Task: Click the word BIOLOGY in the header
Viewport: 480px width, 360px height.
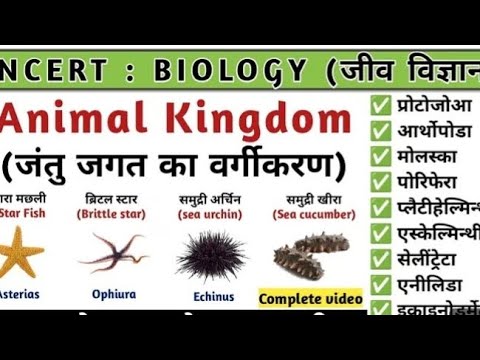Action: click(229, 71)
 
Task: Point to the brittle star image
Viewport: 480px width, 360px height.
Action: click(112, 252)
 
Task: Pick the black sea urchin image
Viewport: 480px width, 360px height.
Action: click(211, 253)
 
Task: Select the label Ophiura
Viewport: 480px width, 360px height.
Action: click(114, 296)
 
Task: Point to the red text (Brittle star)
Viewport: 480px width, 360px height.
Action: click(112, 213)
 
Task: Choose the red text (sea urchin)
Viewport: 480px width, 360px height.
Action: click(212, 213)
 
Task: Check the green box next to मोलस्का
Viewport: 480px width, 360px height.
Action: click(380, 156)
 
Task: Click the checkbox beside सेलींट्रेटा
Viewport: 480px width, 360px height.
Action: click(380, 259)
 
